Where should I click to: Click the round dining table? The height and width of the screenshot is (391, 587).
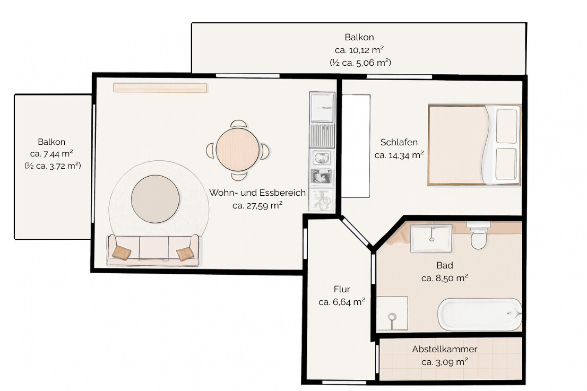(x=237, y=150)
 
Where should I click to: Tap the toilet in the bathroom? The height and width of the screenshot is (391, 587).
(x=478, y=235)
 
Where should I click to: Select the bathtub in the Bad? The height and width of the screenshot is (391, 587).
(x=480, y=314)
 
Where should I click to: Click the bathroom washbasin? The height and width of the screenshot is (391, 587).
(x=431, y=238)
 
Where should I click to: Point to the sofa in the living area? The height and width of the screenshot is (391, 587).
(x=153, y=250)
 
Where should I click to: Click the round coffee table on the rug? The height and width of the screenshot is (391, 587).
(x=155, y=199)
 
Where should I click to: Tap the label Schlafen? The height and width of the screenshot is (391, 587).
(x=399, y=142)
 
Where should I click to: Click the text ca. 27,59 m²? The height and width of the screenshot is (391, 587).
(x=257, y=205)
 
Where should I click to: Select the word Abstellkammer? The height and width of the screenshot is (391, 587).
(x=444, y=349)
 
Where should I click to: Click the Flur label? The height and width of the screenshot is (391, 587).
(x=342, y=289)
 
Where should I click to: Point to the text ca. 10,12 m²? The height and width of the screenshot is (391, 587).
(x=359, y=50)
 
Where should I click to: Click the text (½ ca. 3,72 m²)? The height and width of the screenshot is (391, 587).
(x=53, y=166)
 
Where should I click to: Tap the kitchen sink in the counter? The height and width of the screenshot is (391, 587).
(x=321, y=158)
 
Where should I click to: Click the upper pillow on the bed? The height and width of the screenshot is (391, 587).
(x=506, y=126)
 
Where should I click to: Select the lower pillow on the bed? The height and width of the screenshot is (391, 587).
(x=506, y=164)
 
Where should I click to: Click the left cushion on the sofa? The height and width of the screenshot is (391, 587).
(x=122, y=252)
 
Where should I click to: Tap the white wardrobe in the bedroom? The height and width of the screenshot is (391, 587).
(x=356, y=146)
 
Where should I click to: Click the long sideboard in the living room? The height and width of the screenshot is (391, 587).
(x=160, y=88)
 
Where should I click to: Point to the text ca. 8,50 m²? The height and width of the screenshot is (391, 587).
(x=444, y=278)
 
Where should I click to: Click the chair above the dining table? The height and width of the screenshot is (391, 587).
(x=238, y=124)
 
